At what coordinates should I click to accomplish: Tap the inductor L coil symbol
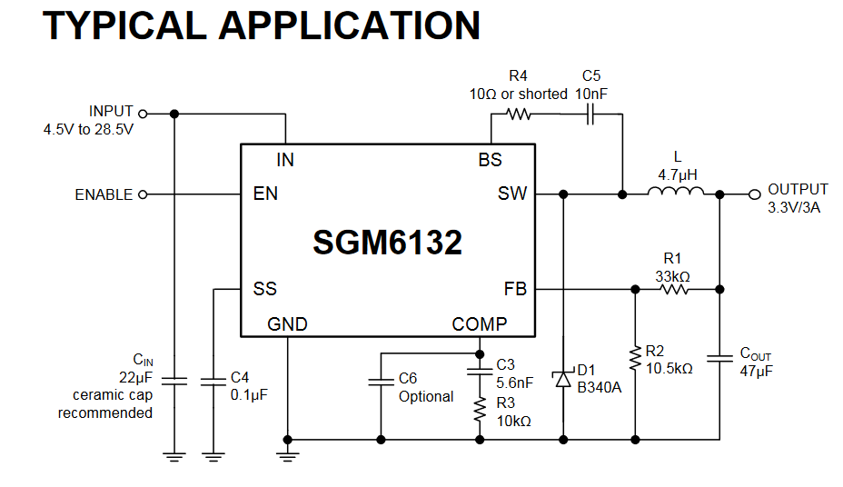coord(676,192)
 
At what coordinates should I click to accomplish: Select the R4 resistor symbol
coord(519,114)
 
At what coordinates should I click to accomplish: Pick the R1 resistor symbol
coord(675,290)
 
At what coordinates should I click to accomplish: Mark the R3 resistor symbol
coord(479,410)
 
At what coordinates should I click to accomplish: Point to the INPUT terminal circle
coord(142,114)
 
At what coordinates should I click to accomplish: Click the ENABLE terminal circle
coord(142,194)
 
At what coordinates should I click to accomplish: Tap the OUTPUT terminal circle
coord(753,194)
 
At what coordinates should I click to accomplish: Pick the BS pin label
coord(490,161)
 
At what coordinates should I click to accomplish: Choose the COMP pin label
coord(480,324)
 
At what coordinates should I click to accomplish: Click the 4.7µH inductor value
coord(676,174)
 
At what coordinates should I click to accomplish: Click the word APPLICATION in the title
coord(350,25)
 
